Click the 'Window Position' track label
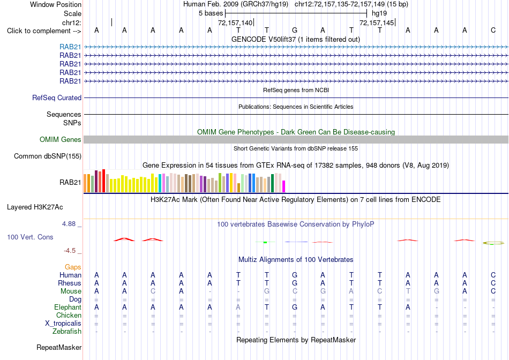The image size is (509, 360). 56,4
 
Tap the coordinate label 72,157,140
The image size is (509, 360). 235,22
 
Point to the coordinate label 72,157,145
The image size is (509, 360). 377,22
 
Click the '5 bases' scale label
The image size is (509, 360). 211,13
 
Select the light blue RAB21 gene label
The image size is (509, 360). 70,47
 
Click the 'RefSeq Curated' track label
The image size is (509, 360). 57,97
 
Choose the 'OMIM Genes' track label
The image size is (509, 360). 61,140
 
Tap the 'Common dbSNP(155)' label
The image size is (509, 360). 48,156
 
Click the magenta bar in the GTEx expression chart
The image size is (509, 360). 283,186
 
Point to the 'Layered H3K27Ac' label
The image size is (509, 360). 35,207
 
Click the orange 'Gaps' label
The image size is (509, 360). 73,267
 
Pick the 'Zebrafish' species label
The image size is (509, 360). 67,332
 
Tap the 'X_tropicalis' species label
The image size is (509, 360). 63,324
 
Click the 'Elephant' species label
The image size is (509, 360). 68,307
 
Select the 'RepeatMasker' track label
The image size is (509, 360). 59,347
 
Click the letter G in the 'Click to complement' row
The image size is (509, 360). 295,31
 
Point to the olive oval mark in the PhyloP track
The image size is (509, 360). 493,243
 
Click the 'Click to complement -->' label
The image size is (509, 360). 44,31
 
